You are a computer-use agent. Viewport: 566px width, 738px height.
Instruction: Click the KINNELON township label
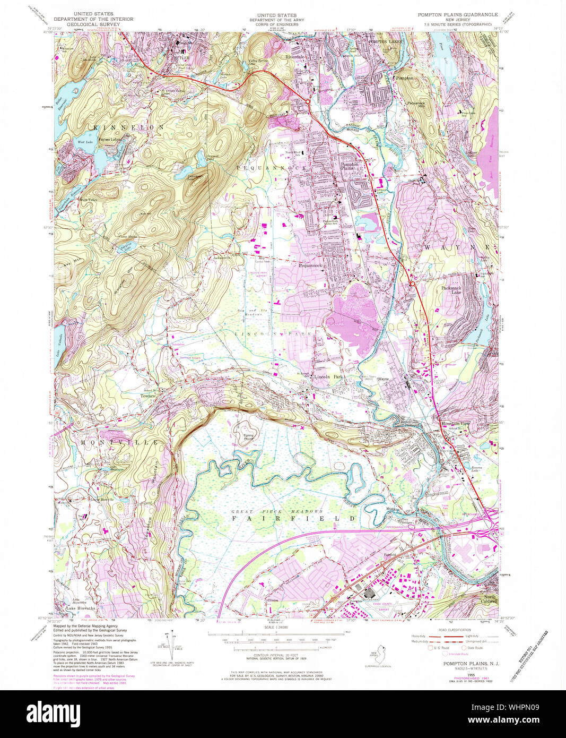(129, 128)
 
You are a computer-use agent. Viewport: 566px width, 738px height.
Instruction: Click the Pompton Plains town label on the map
(349, 166)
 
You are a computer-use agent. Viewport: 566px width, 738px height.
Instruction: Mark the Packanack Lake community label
(451, 290)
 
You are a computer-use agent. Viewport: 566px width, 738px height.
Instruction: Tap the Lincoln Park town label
(329, 376)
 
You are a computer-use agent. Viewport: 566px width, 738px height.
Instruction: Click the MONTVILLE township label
(119, 442)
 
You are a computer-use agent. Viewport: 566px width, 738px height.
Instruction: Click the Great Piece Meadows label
(277, 511)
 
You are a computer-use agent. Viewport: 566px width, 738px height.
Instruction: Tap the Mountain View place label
(455, 423)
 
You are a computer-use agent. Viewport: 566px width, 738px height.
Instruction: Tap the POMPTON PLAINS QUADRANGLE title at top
(457, 14)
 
